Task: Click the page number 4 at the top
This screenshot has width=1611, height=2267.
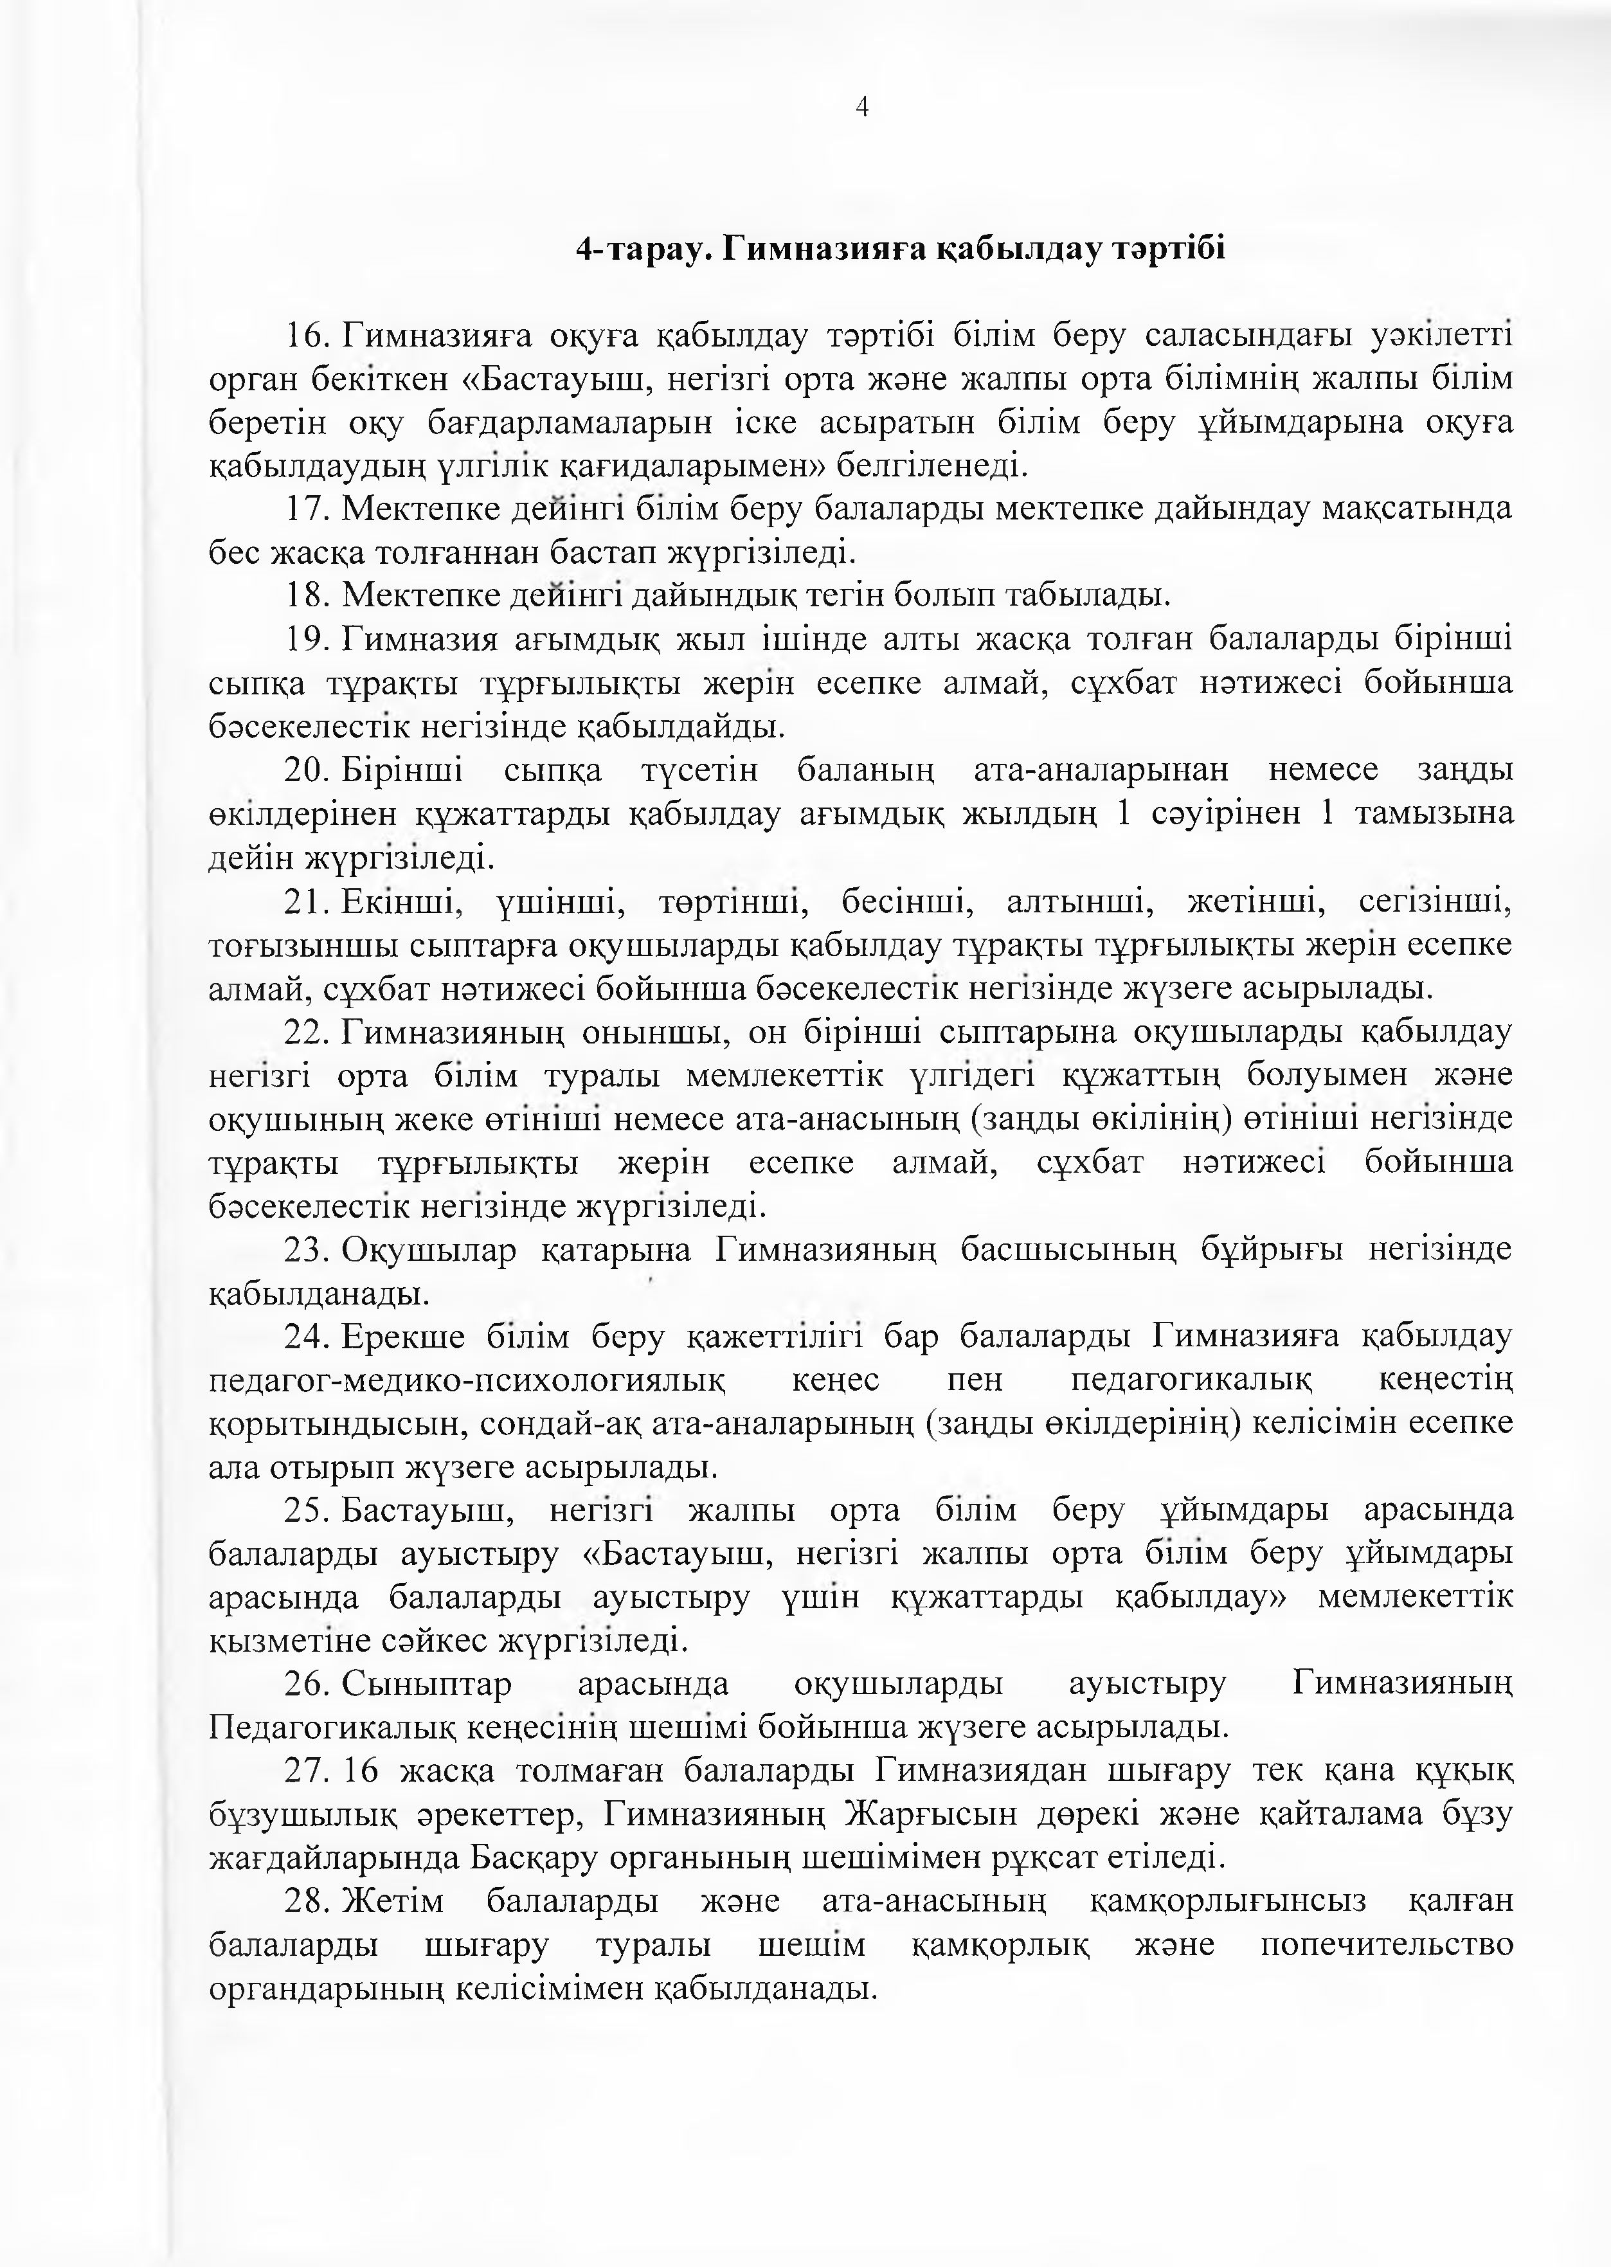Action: coord(861,107)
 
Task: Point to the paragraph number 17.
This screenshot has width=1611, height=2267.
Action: coord(307,510)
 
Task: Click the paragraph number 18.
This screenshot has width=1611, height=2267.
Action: coord(307,596)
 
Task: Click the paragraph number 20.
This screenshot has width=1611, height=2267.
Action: coord(307,770)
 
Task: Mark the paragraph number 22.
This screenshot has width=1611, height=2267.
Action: coord(307,1033)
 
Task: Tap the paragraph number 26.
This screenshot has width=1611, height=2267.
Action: coord(307,1684)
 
